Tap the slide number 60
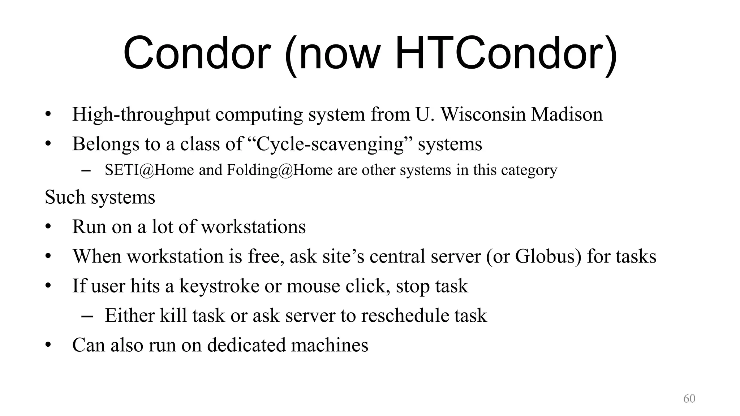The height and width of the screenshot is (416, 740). [x=689, y=398]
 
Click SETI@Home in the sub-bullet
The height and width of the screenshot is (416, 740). [x=149, y=170]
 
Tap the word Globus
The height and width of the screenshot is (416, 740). [x=548, y=256]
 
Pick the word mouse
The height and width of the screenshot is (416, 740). [x=313, y=286]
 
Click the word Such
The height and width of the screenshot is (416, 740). [x=65, y=197]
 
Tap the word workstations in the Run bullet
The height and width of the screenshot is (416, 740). [x=253, y=227]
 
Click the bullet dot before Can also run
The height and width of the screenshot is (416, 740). [x=48, y=345]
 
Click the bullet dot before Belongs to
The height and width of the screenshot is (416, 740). [x=48, y=144]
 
